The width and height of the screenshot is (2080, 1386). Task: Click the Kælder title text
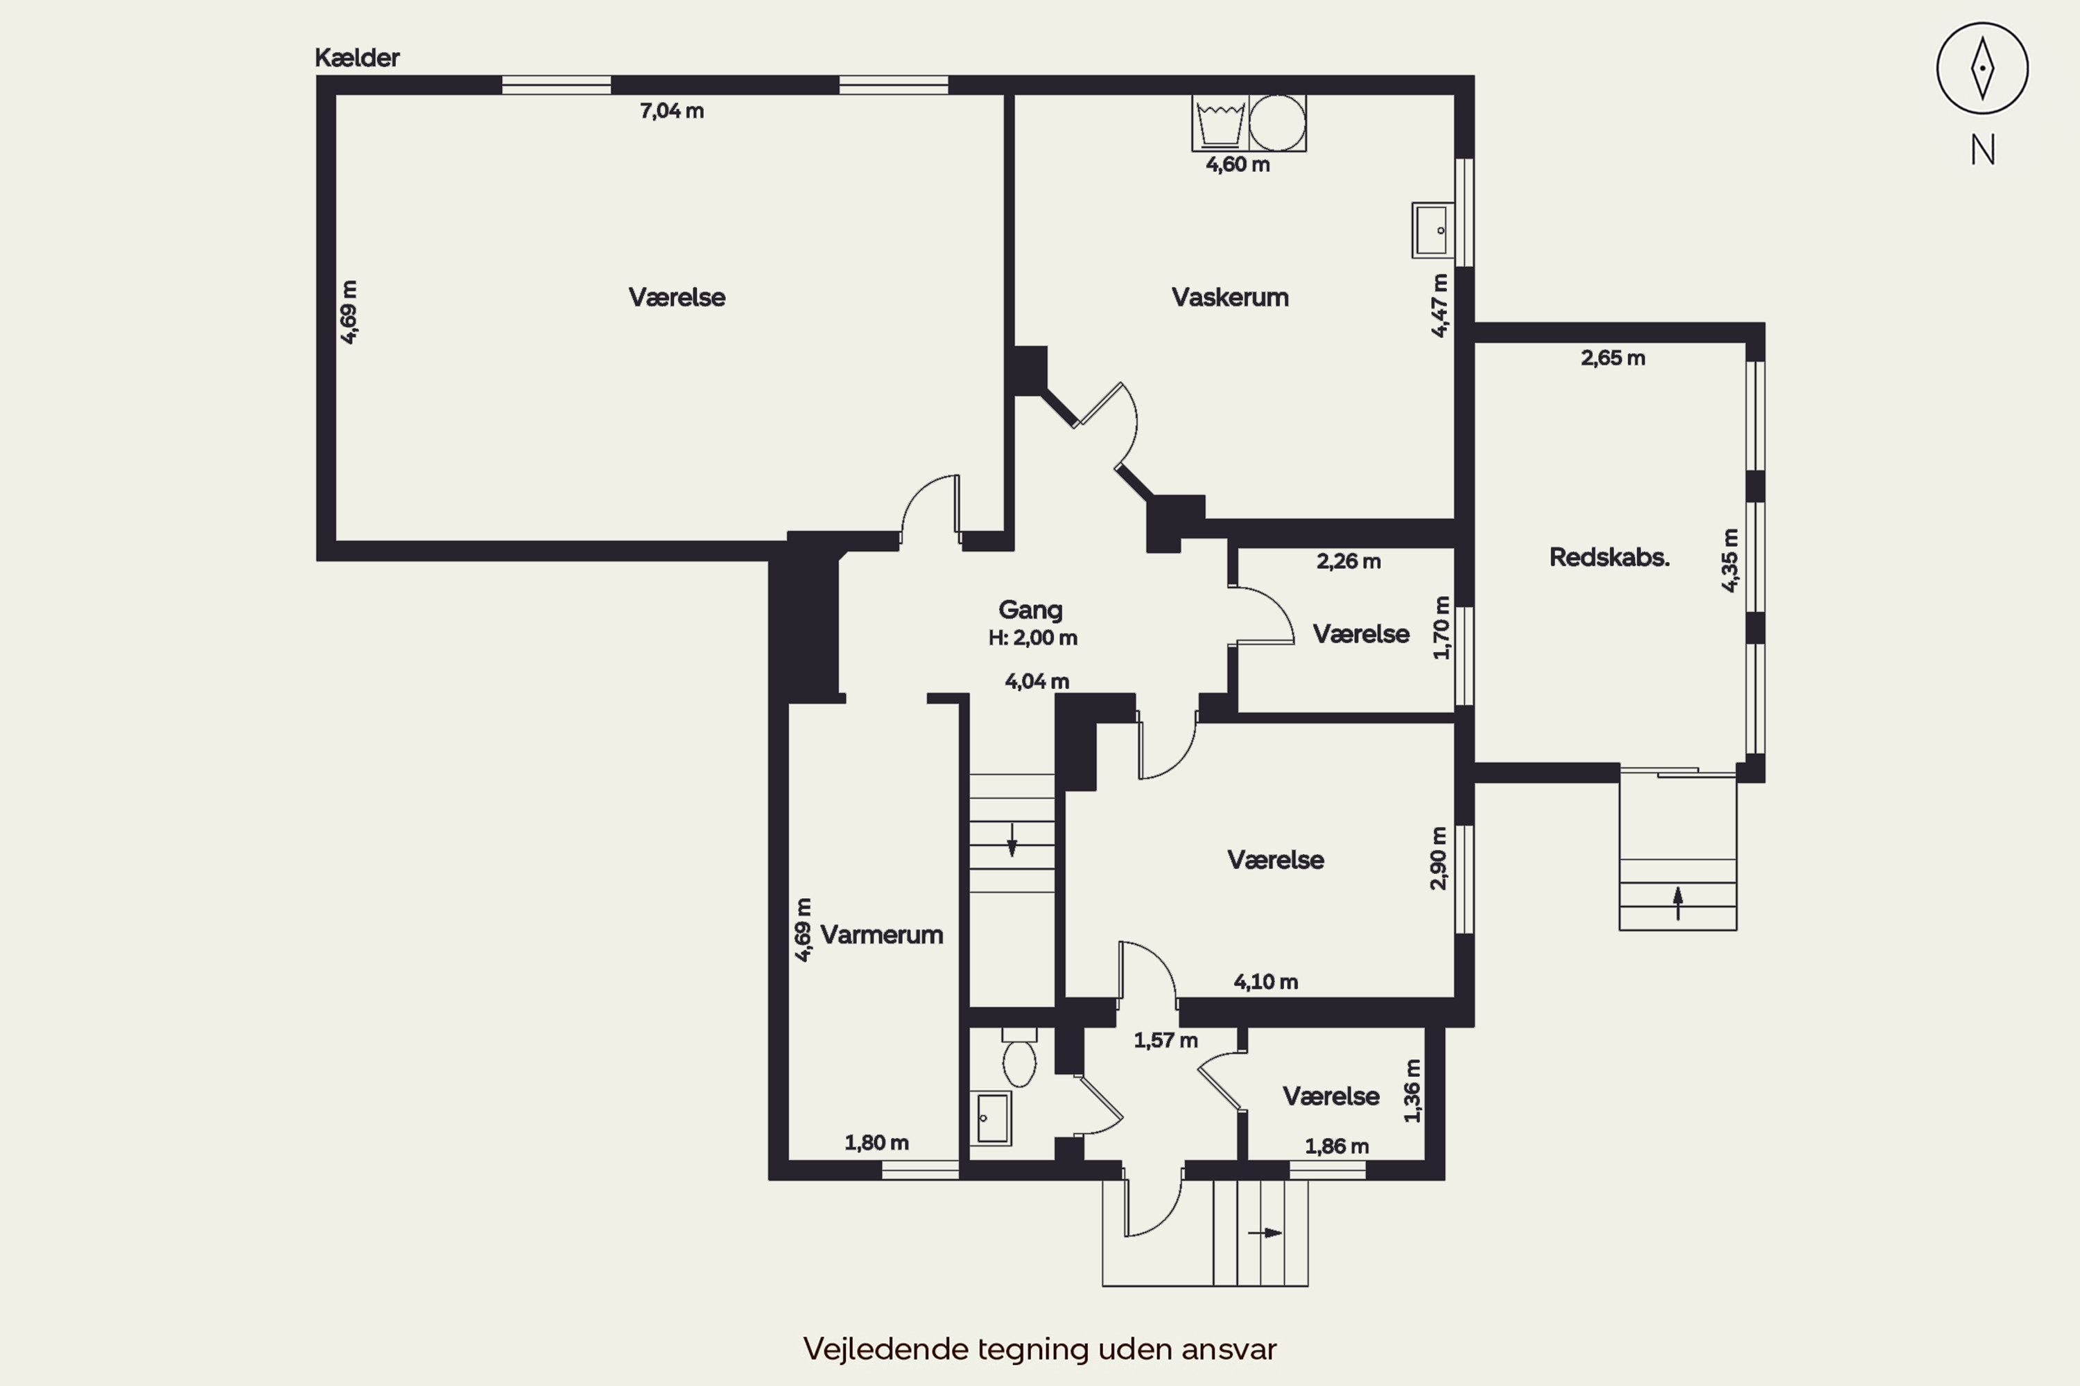[357, 58]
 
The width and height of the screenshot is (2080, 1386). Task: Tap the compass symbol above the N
[1983, 68]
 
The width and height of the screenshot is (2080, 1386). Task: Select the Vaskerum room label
[1230, 297]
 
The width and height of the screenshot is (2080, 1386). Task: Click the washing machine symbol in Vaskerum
[1220, 123]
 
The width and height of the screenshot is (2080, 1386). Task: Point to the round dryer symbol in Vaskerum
[1277, 123]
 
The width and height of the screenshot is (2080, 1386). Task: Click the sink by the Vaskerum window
[1432, 230]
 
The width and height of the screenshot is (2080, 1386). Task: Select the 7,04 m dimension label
[672, 110]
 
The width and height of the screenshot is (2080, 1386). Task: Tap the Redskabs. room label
[1609, 558]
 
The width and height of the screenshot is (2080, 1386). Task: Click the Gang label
[1030, 610]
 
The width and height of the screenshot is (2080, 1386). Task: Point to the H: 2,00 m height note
[1033, 638]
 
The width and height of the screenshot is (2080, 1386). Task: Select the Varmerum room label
[882, 934]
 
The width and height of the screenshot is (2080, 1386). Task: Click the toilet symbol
[1020, 1058]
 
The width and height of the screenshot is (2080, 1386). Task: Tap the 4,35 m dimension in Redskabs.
[1730, 561]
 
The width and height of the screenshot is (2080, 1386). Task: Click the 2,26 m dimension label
[1349, 561]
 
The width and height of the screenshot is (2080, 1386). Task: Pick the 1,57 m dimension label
[1165, 1040]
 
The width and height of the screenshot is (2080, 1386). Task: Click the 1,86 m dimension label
[1337, 1146]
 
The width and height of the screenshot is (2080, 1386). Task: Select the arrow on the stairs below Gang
[1012, 840]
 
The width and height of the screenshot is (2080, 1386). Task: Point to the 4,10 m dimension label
[1265, 981]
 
